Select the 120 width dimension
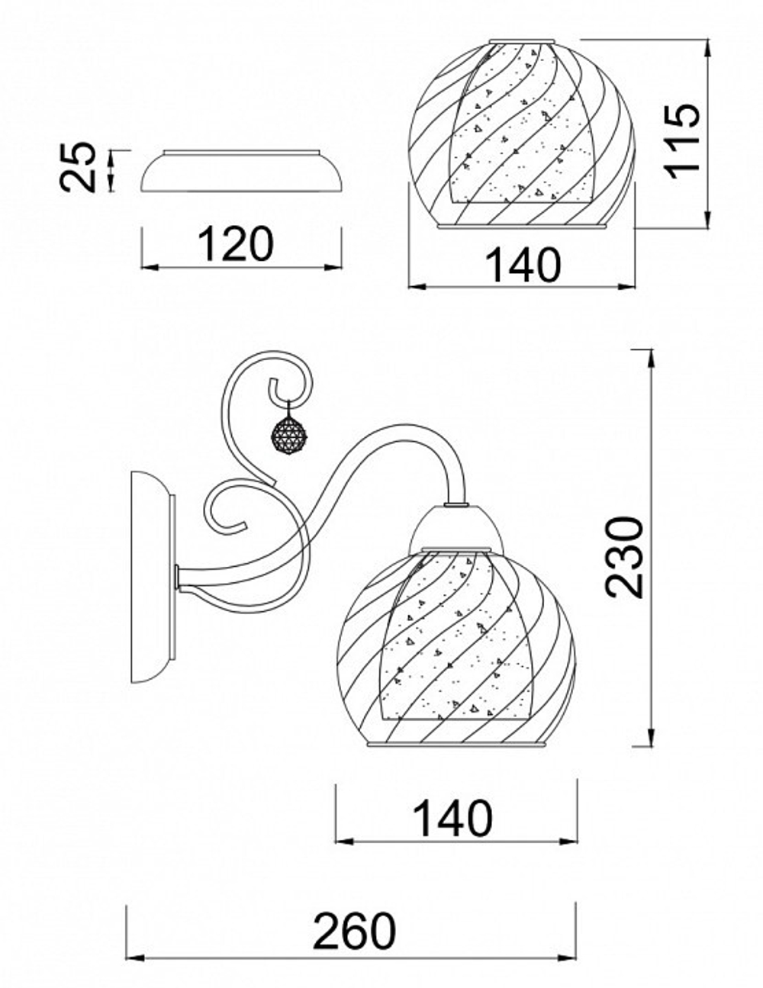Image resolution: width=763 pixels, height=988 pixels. pos(235,244)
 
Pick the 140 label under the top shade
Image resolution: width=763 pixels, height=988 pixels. pos(523,266)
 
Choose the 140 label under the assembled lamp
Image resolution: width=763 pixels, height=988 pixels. pos(452,818)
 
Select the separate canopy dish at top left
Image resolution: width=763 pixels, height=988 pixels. pos(242,174)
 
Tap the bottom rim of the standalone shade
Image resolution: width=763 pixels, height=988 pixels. pos(523,225)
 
